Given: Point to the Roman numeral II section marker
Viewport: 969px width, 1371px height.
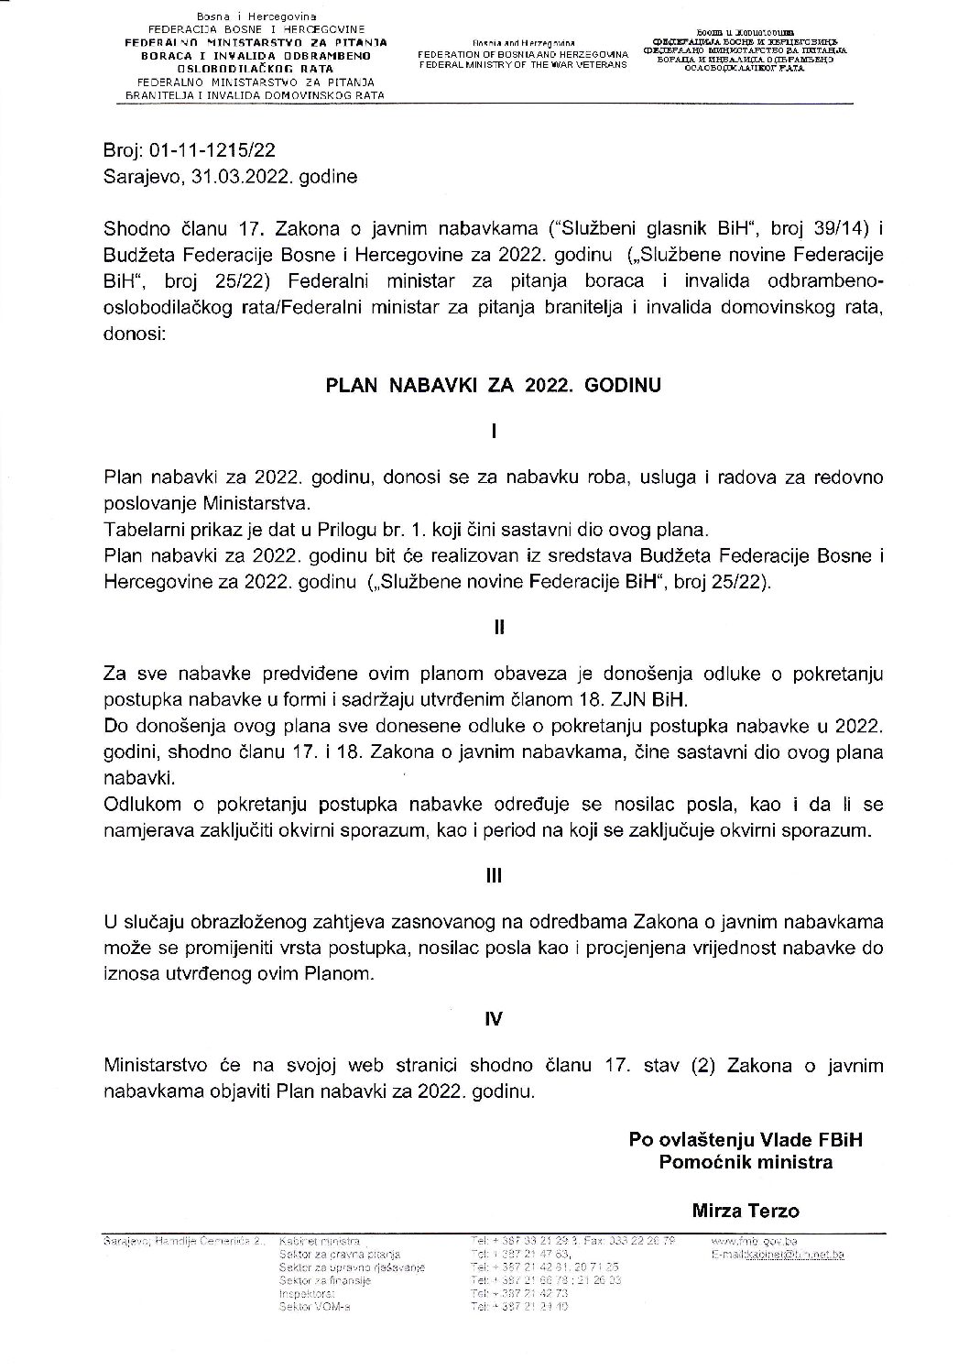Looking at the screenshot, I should point(493,628).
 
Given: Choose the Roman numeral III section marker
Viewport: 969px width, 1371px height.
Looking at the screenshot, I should point(493,874).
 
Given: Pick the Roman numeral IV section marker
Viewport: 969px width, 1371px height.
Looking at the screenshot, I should point(493,1017).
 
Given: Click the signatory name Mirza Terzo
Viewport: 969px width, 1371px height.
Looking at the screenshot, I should point(746,1211).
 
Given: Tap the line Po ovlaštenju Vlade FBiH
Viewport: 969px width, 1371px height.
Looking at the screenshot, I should point(746,1140).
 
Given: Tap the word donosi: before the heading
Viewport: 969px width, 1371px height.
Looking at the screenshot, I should point(135,335).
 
